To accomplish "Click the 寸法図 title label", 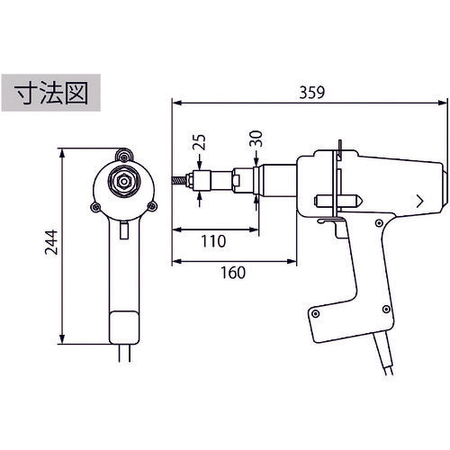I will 50,96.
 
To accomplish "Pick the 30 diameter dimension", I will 254,140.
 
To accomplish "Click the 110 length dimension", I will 212,242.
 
